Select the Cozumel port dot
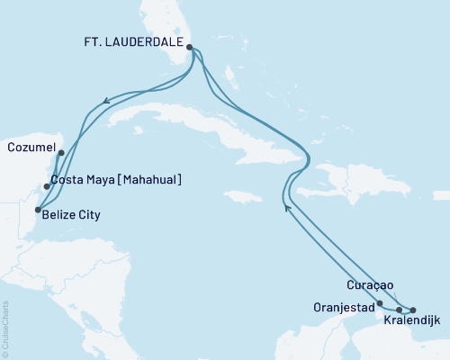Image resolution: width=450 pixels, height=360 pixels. tap(60, 153)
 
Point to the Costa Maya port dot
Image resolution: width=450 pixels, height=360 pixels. tap(46, 187)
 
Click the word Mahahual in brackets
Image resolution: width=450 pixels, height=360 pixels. tap(147, 180)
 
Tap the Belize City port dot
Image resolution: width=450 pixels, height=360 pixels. tap(37, 210)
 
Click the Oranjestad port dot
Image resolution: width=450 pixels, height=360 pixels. tap(380, 303)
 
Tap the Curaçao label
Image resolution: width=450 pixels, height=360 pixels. tap(370, 285)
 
